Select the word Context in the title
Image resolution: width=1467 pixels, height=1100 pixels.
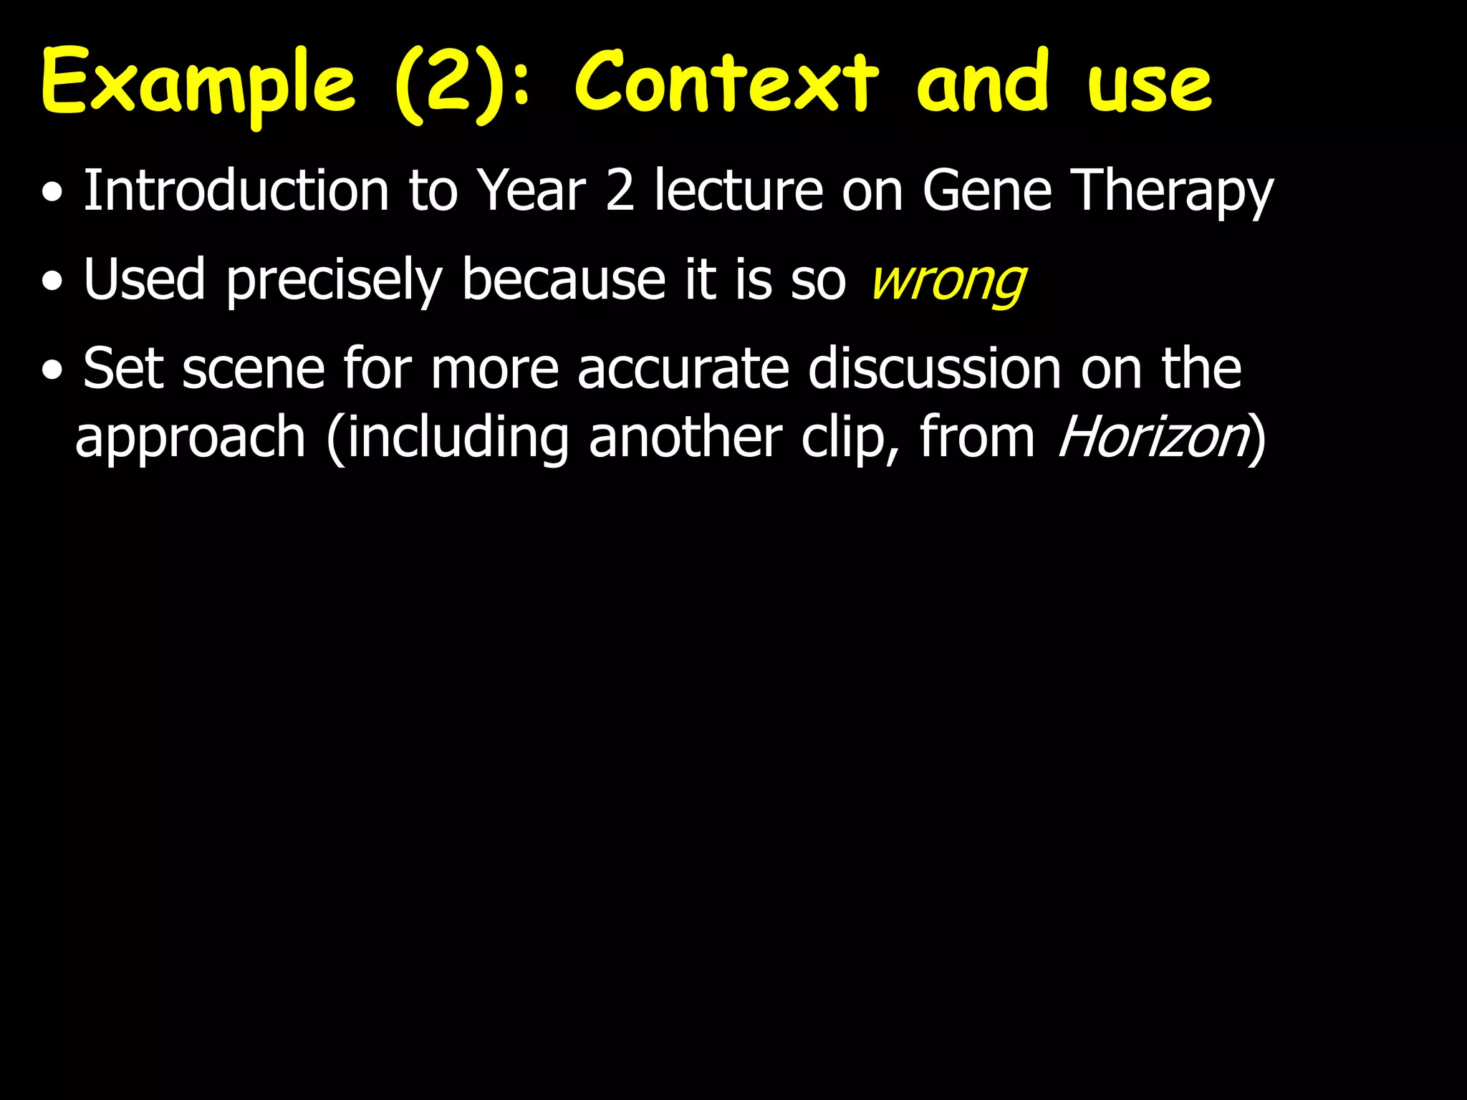[726, 82]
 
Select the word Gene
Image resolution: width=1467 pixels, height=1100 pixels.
[986, 192]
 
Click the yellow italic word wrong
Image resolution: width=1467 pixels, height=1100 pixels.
[948, 281]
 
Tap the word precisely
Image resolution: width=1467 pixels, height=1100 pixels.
[334, 281]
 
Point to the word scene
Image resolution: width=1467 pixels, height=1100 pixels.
[254, 370]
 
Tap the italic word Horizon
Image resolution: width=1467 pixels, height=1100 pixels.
[1153, 437]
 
